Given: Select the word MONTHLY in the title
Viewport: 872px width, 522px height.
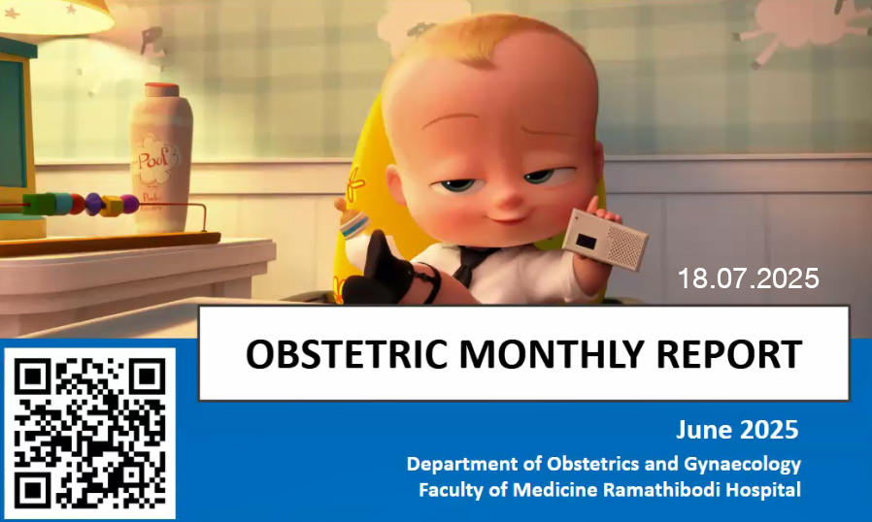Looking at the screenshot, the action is [551, 354].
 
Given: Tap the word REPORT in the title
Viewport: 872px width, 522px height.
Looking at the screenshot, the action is [729, 354].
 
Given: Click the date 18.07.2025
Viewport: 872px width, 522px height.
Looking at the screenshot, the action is [748, 278].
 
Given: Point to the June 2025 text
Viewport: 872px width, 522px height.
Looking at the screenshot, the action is [737, 430].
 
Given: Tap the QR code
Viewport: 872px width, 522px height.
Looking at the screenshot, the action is [89, 434].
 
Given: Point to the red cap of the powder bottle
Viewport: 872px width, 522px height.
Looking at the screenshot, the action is [162, 89].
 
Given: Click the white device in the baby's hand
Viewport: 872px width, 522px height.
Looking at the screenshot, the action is [606, 239].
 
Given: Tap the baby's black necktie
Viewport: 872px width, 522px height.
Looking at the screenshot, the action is [471, 263].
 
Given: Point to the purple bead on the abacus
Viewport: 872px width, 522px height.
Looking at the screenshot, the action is [130, 204].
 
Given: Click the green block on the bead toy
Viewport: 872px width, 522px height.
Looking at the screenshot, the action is [40, 204].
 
